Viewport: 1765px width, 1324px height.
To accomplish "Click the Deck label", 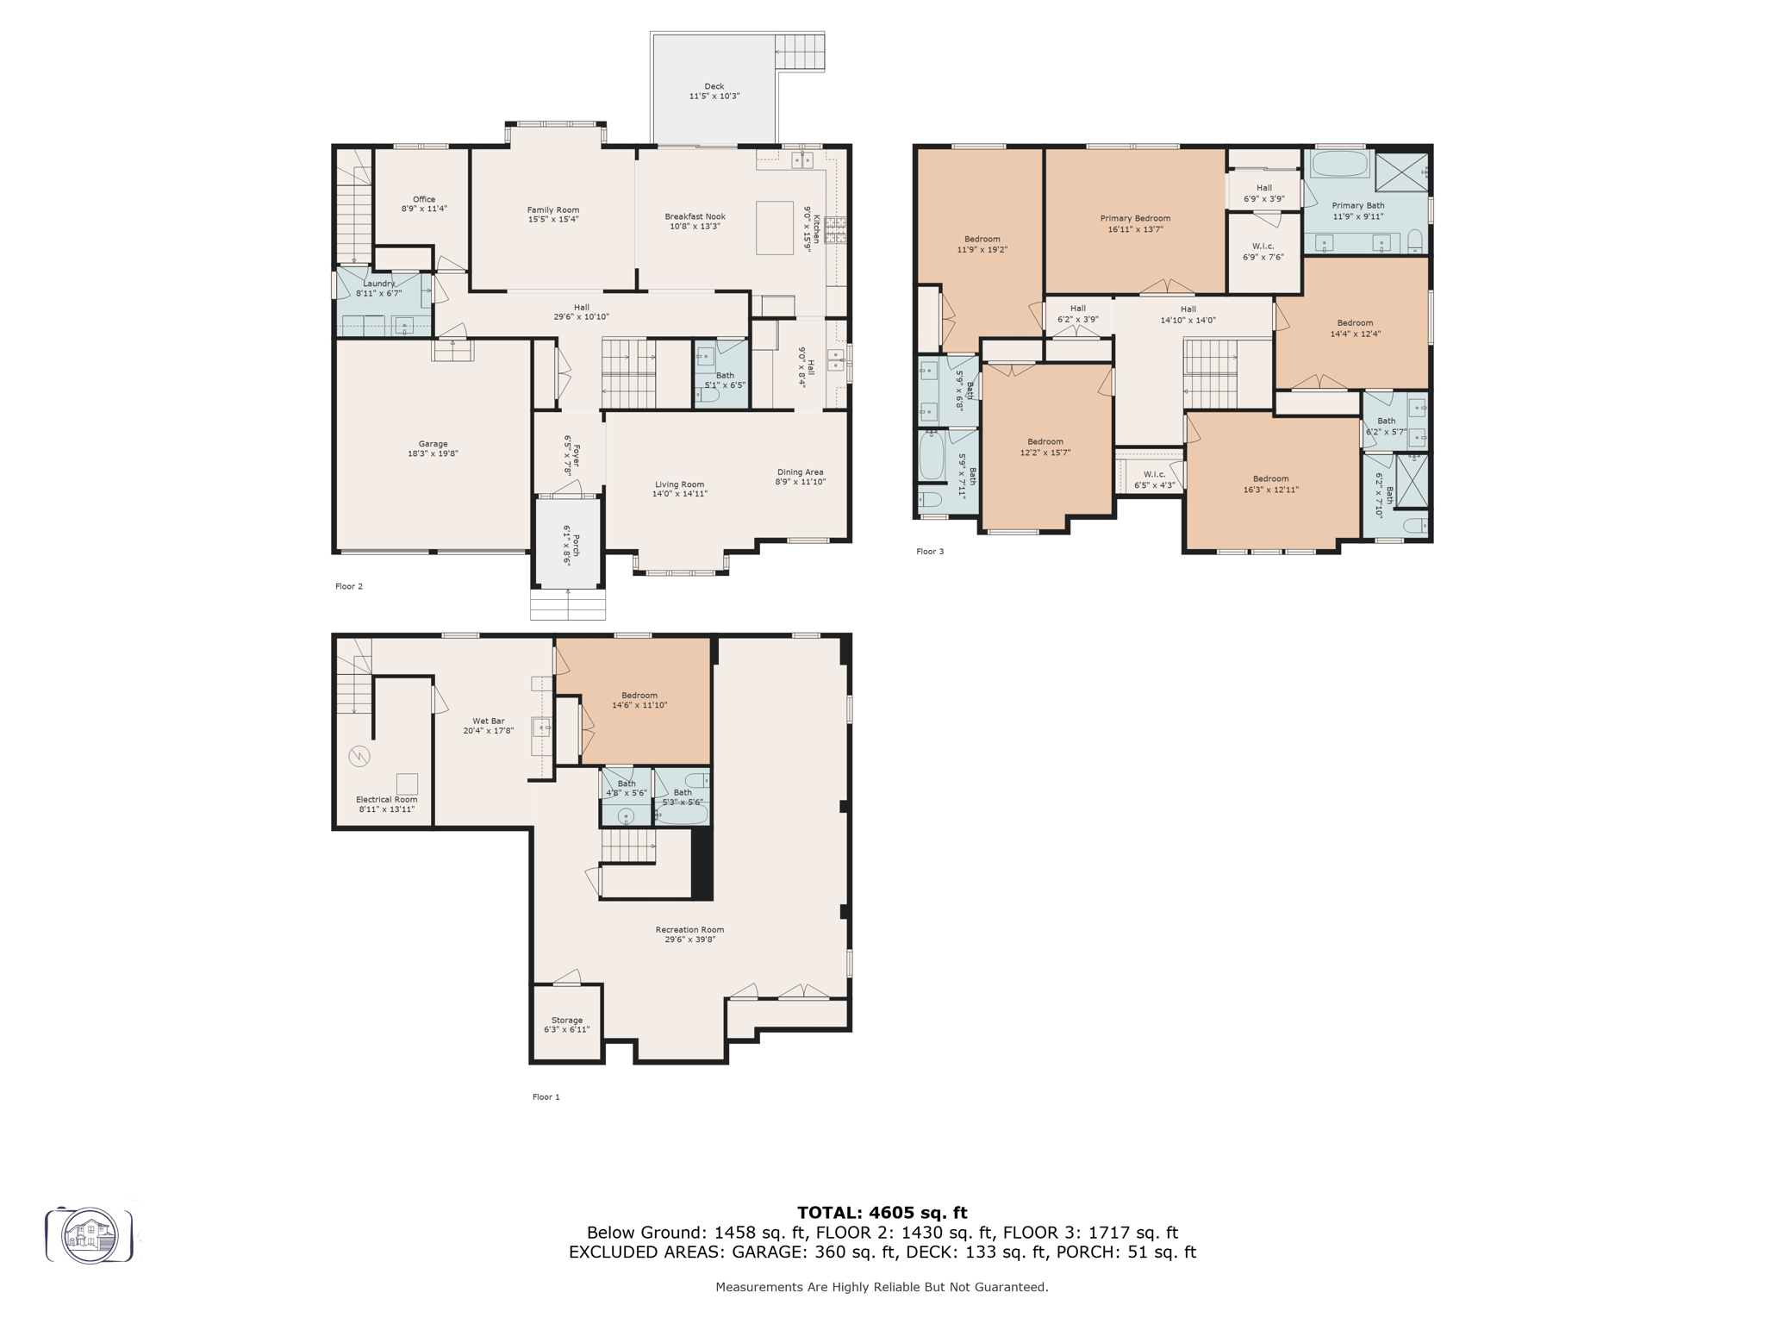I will click(x=714, y=86).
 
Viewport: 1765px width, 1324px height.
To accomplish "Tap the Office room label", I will click(x=423, y=199).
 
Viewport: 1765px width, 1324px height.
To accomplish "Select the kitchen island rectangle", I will click(x=775, y=228).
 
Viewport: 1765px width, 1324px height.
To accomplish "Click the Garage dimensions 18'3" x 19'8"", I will click(x=433, y=453).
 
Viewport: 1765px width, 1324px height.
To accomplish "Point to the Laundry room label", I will click(x=379, y=284).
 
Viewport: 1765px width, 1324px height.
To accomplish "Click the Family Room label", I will click(x=553, y=209).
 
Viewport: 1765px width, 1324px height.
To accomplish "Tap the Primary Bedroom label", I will click(x=1135, y=218).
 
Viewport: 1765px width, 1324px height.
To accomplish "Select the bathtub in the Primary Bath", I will click(x=1339, y=164).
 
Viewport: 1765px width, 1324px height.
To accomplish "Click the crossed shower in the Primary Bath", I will click(x=1400, y=172).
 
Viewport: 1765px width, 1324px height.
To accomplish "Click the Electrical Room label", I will click(x=386, y=799).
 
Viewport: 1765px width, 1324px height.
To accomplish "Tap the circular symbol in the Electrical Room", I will click(x=359, y=757).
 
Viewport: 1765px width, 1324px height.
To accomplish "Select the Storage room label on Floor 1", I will click(x=566, y=1020).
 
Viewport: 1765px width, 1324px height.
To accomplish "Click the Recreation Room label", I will click(x=689, y=929).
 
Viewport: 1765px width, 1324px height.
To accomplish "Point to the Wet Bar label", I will click(x=488, y=721).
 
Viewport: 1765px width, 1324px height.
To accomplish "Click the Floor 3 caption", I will click(x=930, y=552).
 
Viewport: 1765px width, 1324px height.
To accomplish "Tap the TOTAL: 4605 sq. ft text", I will click(x=882, y=1213).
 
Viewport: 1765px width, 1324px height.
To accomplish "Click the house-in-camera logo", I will click(x=90, y=1235).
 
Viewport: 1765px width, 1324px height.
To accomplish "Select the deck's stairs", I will click(x=800, y=52).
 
